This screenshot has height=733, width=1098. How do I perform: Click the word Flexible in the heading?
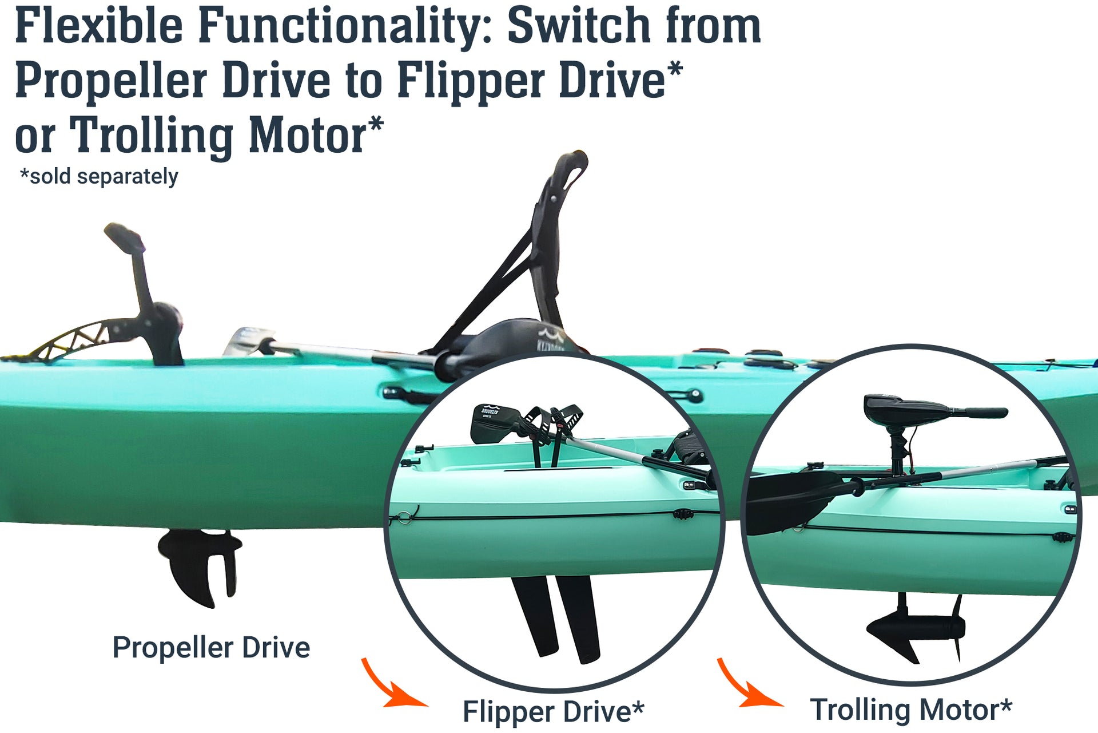click(x=98, y=26)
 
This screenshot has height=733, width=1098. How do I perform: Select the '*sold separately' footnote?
click(x=99, y=176)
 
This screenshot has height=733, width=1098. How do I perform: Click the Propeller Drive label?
click(x=211, y=648)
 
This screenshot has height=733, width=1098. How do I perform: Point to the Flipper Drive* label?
click(x=553, y=711)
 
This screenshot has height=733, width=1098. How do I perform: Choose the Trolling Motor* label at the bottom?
click(x=910, y=710)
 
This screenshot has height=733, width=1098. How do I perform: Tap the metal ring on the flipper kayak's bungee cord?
click(x=405, y=517)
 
